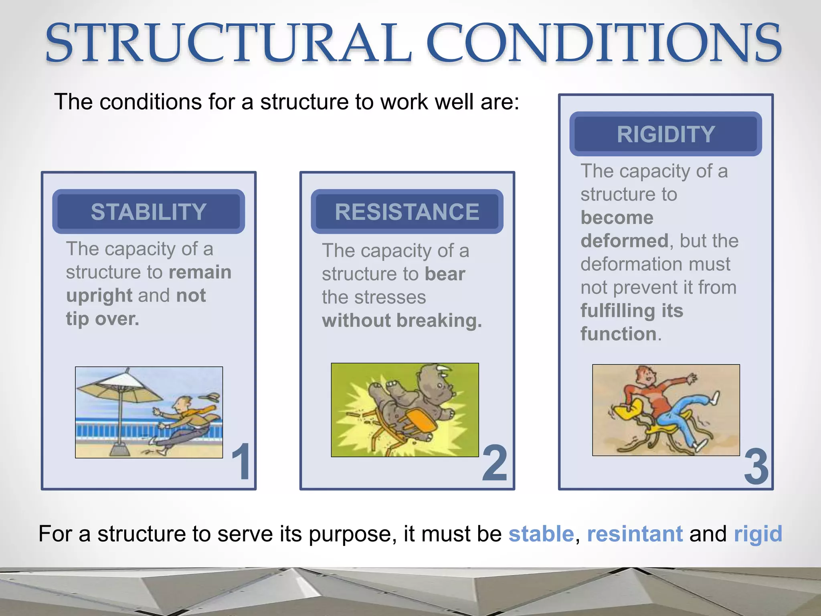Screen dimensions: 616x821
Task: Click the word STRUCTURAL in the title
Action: (x=229, y=43)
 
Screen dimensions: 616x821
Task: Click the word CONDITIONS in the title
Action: (x=603, y=43)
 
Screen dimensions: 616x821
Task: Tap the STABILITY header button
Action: (x=148, y=212)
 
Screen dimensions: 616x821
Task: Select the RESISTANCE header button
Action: (x=407, y=212)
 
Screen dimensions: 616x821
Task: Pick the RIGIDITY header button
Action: (x=665, y=134)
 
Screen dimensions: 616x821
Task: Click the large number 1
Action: (x=242, y=462)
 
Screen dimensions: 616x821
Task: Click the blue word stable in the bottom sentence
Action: (x=541, y=534)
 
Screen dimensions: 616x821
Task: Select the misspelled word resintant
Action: (x=635, y=534)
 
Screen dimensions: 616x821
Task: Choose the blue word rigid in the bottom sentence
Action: (x=758, y=534)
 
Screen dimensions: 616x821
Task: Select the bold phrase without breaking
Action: (x=402, y=321)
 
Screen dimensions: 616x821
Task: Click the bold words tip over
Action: (x=103, y=319)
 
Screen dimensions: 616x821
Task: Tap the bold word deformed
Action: (x=624, y=241)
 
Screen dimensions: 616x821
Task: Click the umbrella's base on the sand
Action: (x=119, y=450)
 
